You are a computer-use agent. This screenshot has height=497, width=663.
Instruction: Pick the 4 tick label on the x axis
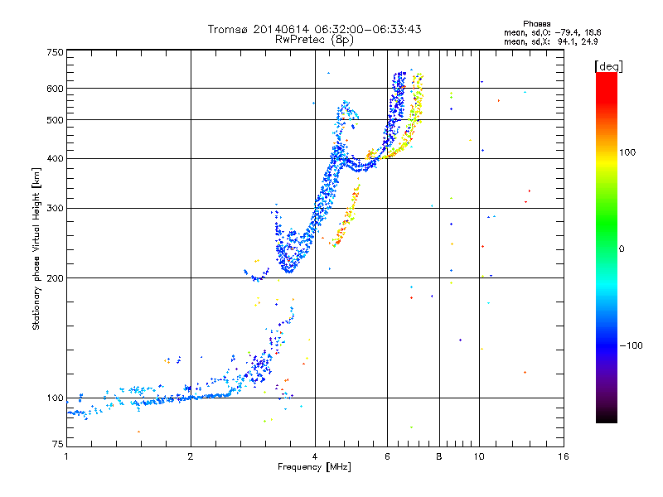point(315,457)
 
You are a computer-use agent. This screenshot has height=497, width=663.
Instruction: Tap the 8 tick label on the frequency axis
point(439,457)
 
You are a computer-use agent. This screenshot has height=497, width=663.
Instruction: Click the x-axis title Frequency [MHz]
point(315,468)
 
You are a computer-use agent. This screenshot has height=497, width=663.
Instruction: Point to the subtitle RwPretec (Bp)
point(314,39)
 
